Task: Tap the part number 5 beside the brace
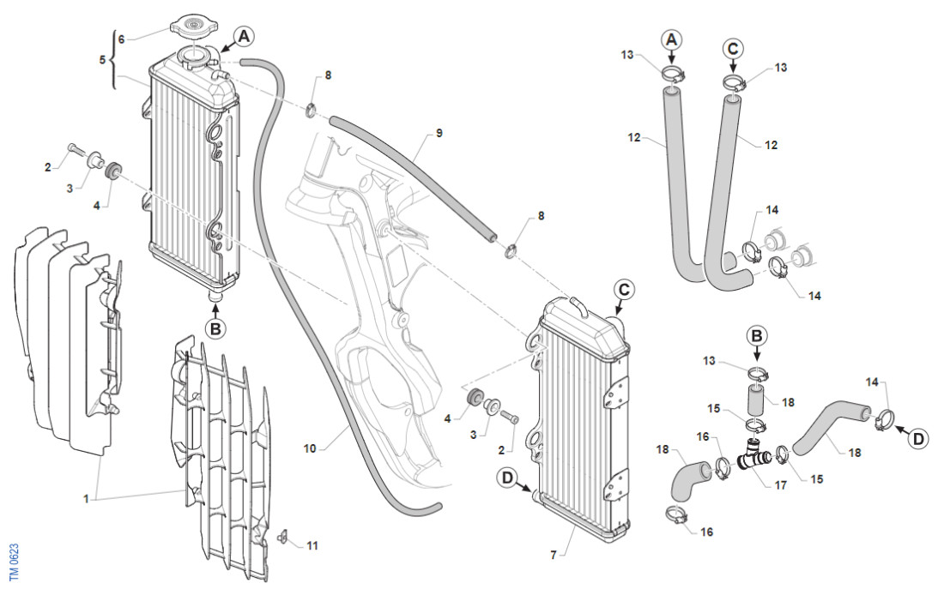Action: point(103,60)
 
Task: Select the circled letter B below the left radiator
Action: point(216,328)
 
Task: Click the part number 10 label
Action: point(310,448)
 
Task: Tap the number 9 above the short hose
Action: point(439,133)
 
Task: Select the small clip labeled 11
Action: point(281,538)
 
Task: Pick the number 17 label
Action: point(780,485)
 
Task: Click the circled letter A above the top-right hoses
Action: point(672,39)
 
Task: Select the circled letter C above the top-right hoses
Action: point(732,48)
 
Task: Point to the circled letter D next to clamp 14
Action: point(918,439)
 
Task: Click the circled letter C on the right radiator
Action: point(624,290)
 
